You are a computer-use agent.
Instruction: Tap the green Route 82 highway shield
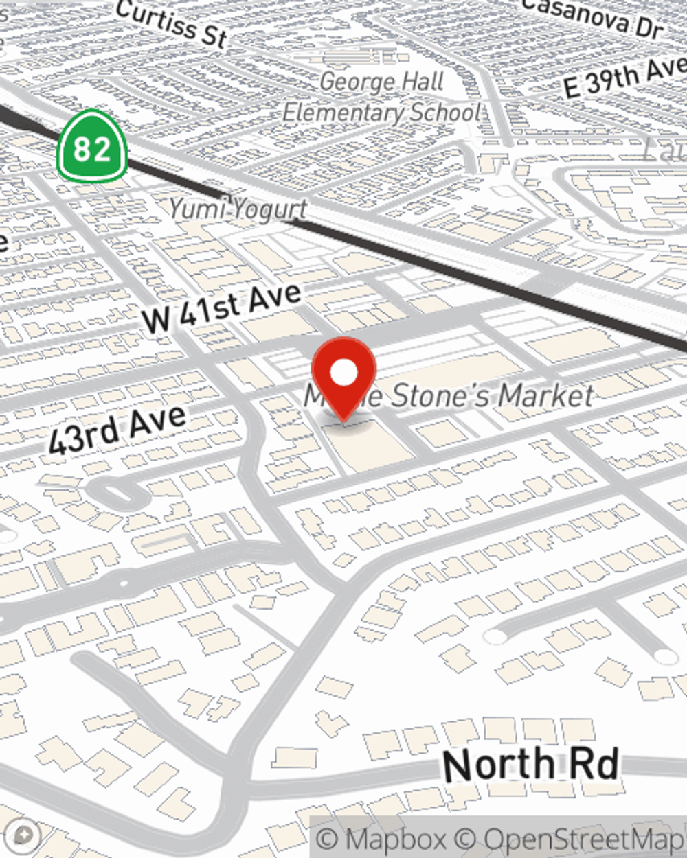coord(91,146)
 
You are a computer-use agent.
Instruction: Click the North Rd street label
coord(530,765)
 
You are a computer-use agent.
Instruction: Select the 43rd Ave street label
coord(117,429)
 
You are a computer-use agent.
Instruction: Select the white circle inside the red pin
coord(343,373)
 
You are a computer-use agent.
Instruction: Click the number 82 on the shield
coord(91,148)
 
